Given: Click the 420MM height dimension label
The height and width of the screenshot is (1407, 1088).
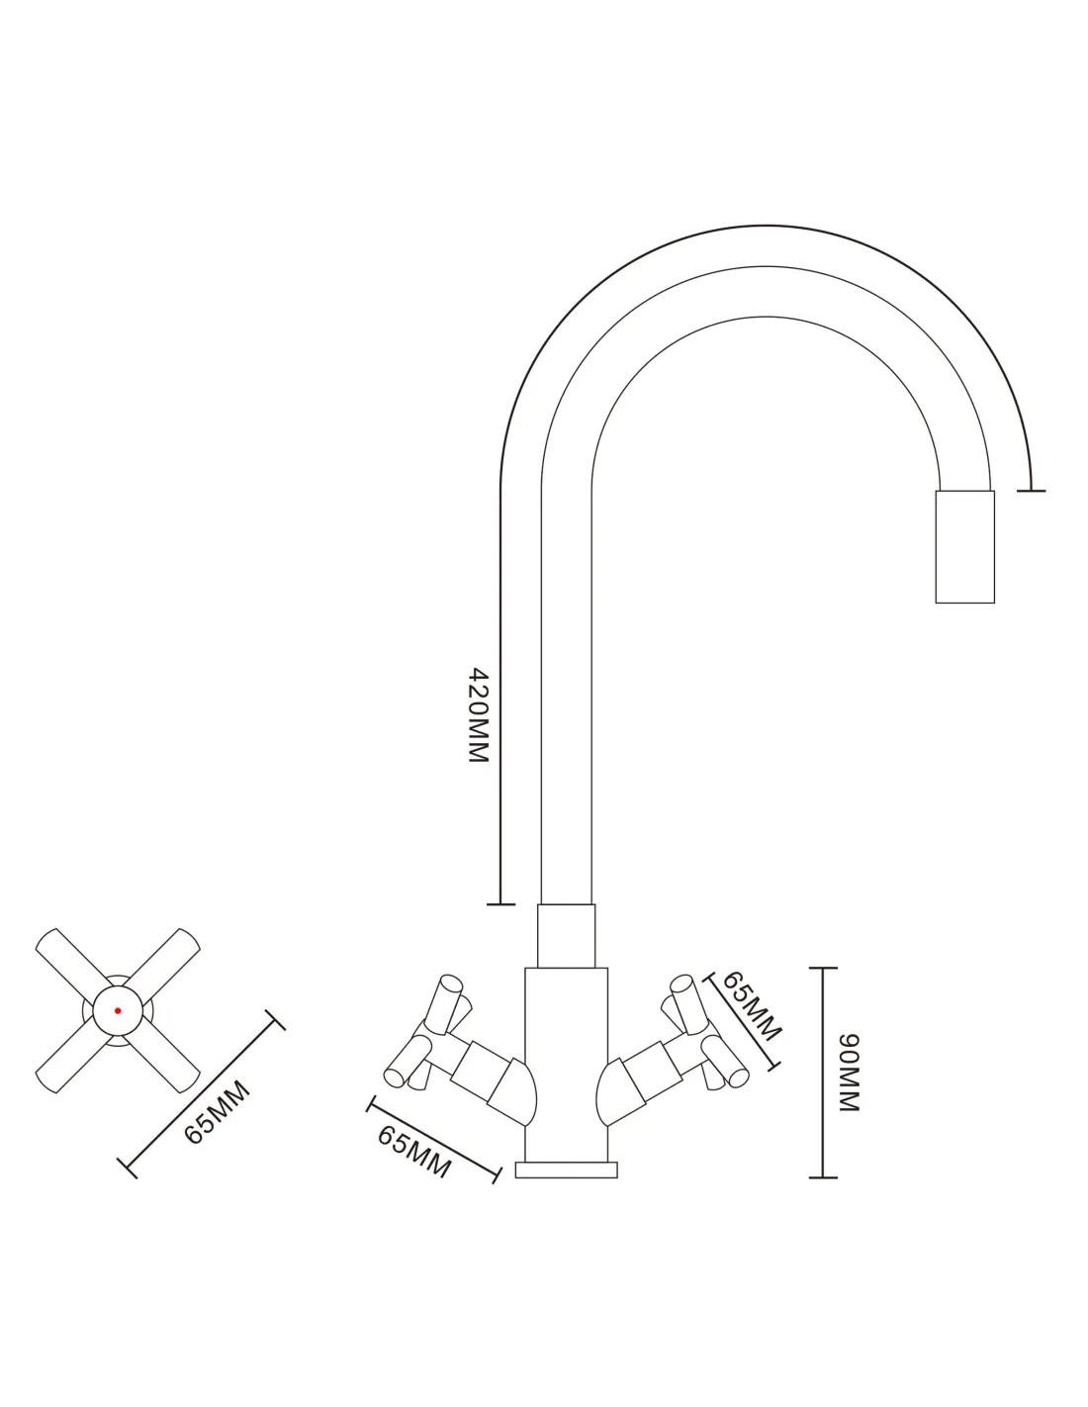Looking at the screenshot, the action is coord(479,714).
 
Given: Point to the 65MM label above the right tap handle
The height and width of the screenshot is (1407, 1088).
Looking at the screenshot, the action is coord(752,1006).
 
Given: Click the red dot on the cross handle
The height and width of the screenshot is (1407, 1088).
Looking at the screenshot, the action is coord(118,1011).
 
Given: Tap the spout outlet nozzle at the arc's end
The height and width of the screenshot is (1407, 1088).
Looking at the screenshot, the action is coord(964,546).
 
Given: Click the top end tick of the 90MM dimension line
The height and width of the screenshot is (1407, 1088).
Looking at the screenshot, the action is coord(823,968).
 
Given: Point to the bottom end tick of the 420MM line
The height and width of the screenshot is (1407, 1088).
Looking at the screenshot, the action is coord(500,904).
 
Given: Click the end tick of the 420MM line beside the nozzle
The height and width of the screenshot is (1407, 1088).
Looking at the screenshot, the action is coord(1031,491).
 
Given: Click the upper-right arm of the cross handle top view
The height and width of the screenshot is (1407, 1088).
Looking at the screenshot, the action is coord(163,964).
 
